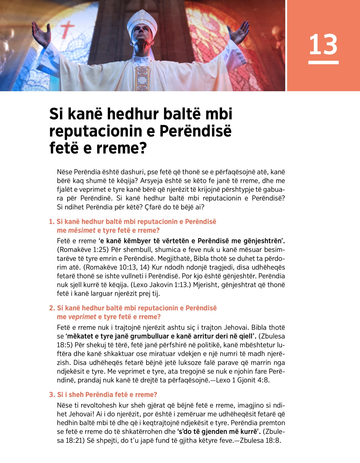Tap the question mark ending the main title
click(143, 148)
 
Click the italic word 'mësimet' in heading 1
click(82, 230)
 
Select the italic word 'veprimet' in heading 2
click(82, 317)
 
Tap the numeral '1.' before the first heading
click(52, 222)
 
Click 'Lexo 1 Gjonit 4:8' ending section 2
click(242, 380)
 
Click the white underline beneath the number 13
click(323, 62)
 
